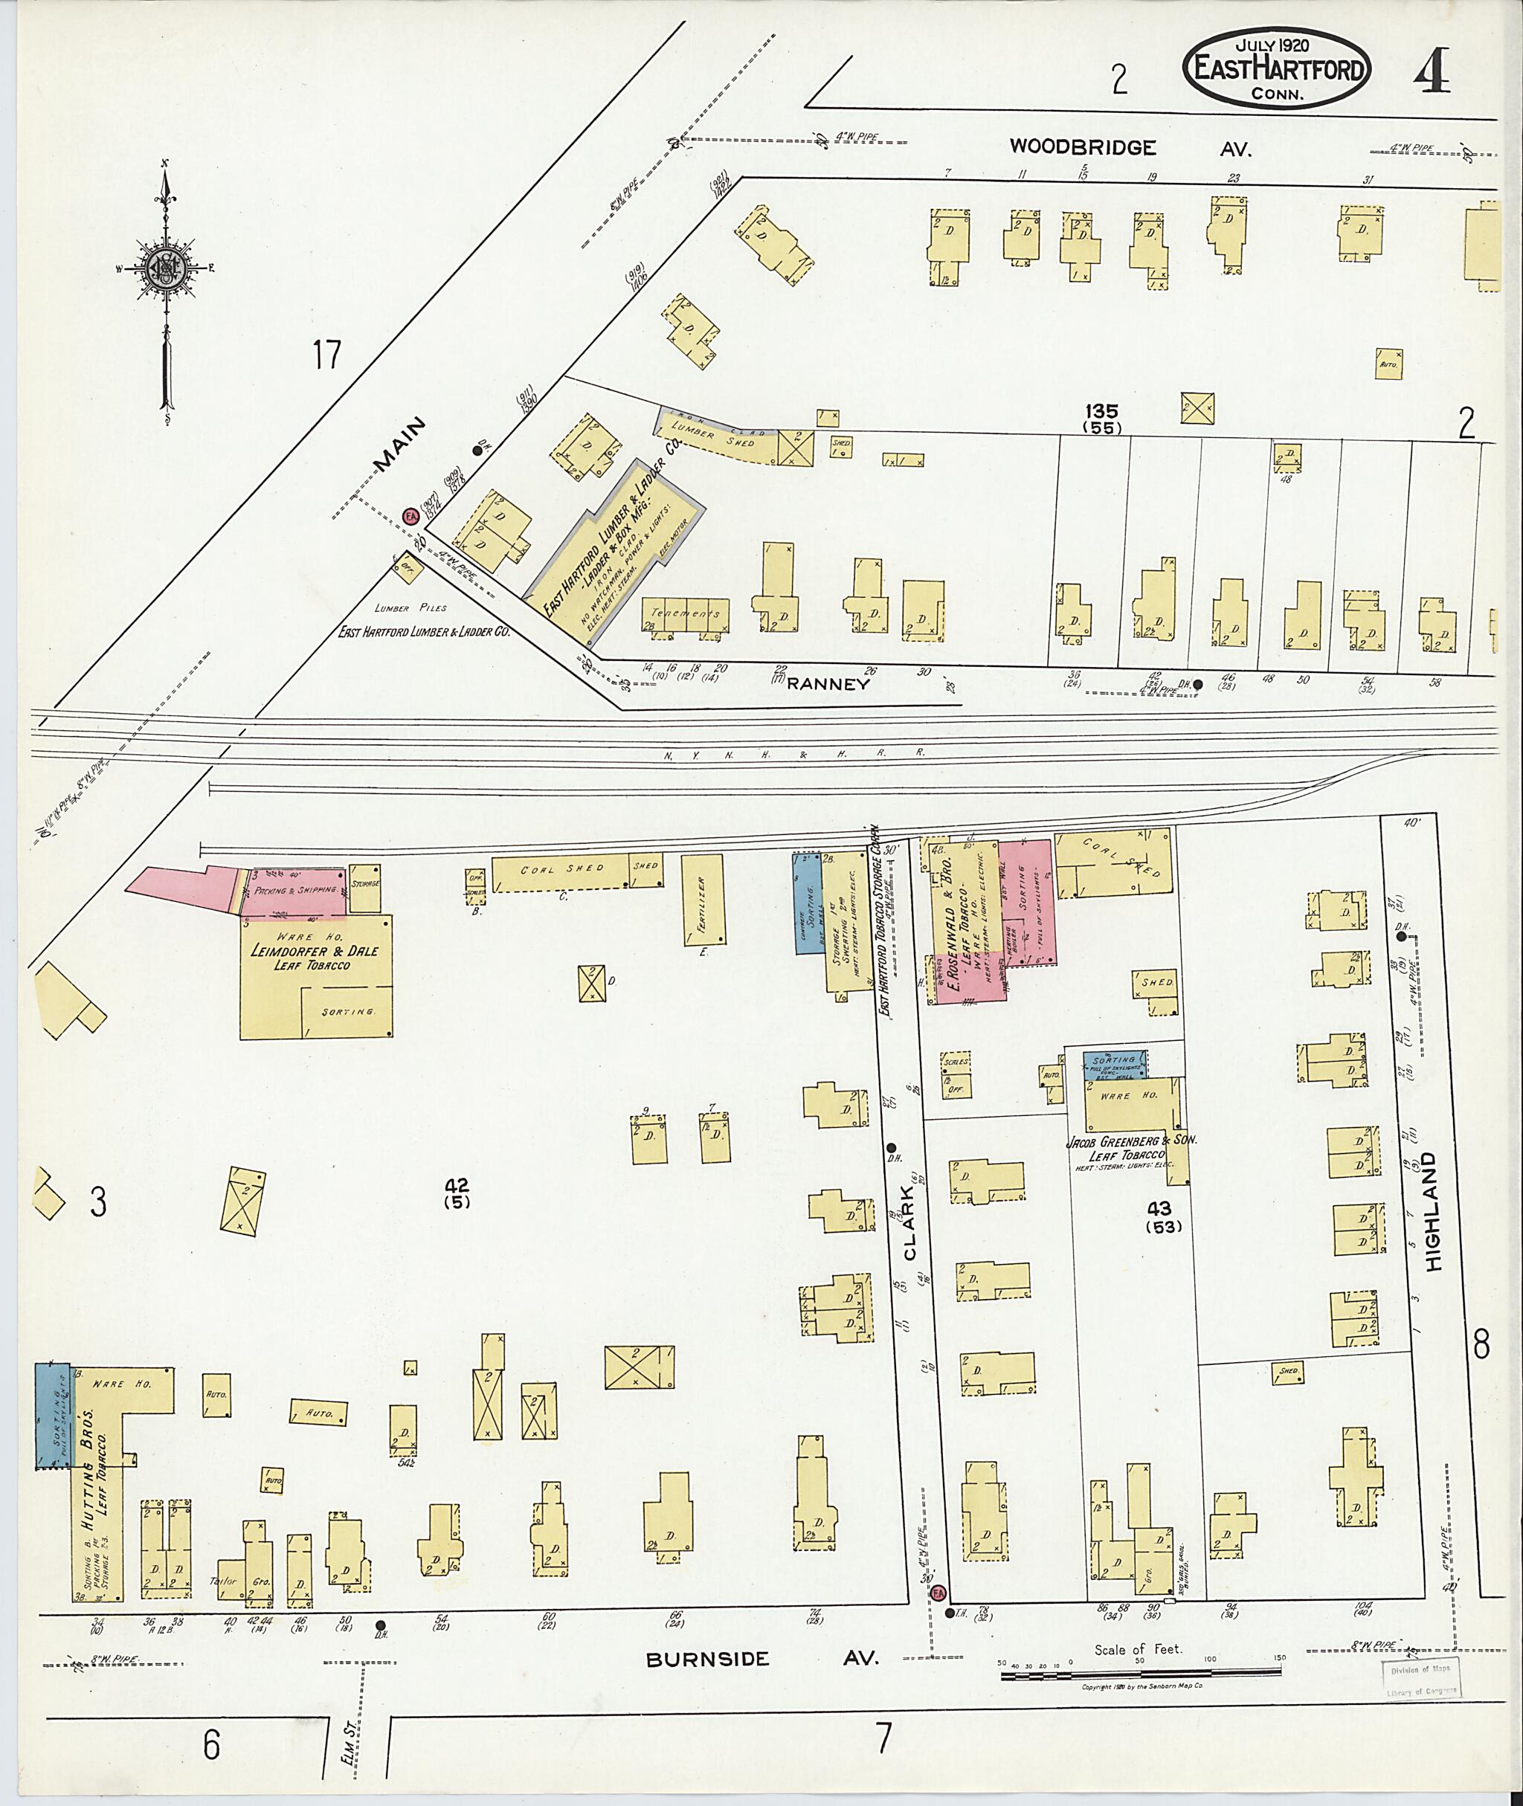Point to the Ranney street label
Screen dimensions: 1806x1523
[827, 684]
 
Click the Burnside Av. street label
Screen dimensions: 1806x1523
[762, 1658]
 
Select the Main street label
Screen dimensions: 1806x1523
[400, 445]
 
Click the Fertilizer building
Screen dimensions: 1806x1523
[703, 900]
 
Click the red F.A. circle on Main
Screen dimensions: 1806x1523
[411, 515]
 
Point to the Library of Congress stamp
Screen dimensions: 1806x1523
[1420, 1677]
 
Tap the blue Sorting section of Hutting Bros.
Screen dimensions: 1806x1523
[53, 1416]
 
